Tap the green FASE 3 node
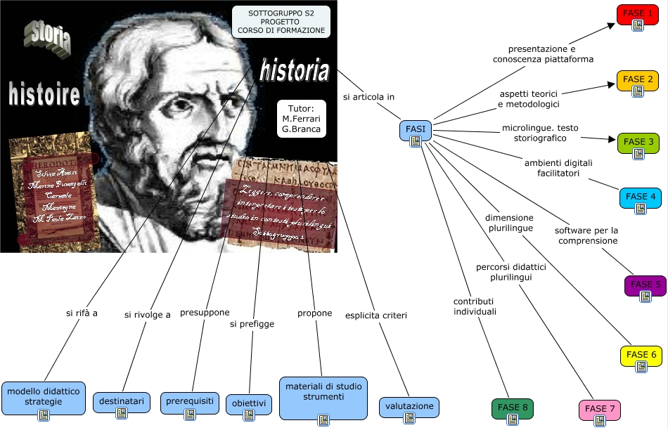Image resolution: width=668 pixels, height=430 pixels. [x=638, y=143]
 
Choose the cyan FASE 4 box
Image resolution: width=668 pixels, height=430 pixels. [x=640, y=199]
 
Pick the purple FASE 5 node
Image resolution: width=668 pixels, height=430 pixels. [x=645, y=287]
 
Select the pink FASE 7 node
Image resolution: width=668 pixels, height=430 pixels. [x=600, y=410]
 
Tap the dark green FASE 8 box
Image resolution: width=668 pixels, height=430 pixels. [x=512, y=410]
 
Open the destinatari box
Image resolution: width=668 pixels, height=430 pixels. [x=122, y=403]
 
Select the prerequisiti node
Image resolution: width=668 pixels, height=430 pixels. [x=189, y=403]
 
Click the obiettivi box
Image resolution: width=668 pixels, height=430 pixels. [x=249, y=405]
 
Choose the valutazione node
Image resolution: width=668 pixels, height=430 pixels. [x=409, y=408]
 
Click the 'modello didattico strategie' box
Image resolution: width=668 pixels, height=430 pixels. [x=44, y=398]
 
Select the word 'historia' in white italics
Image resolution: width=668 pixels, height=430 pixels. [x=294, y=70]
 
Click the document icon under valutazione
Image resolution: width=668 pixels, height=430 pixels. [x=409, y=418]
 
